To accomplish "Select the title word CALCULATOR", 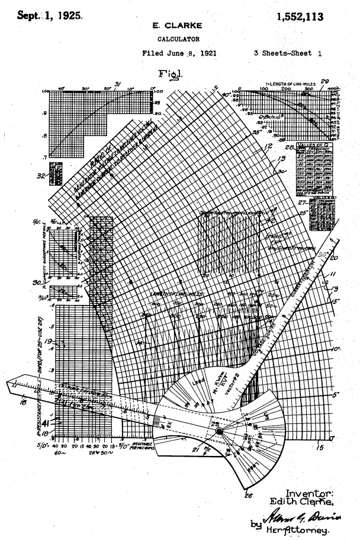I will pyautogui.click(x=179, y=40).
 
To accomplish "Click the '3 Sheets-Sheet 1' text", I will pyautogui.click(x=289, y=53).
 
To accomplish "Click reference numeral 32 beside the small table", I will pyautogui.click(x=42, y=175).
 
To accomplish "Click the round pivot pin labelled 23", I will pyautogui.click(x=219, y=432).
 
